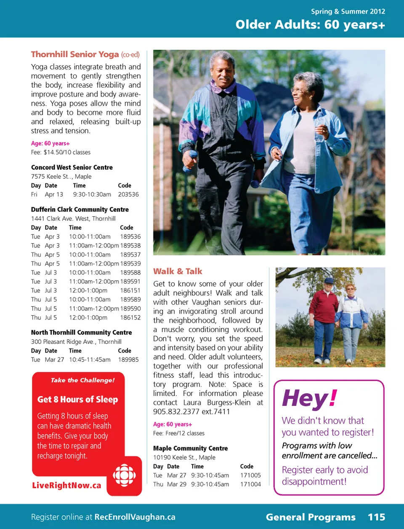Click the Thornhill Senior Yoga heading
(75, 54)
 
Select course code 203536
(128, 194)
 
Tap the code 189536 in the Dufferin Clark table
(130, 236)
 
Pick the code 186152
(130, 317)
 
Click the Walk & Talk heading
(178, 271)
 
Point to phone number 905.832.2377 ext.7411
(191, 411)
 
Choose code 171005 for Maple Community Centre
(250, 475)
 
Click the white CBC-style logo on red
(124, 475)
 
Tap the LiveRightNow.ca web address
(66, 486)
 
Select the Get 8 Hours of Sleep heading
(78, 399)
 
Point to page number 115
(376, 517)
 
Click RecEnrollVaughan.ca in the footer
(135, 517)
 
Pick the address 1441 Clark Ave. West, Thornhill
(73, 218)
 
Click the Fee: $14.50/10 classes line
(61, 152)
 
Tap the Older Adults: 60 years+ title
(310, 25)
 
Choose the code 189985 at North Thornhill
(128, 360)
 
